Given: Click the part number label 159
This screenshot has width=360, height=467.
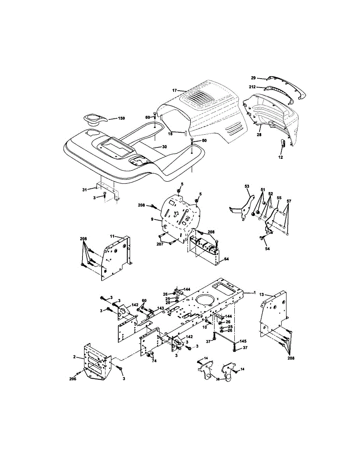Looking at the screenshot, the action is click(x=121, y=118).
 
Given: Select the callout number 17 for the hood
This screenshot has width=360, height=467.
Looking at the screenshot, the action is click(x=174, y=90).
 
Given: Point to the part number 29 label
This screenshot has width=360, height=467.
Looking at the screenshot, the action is click(x=254, y=78).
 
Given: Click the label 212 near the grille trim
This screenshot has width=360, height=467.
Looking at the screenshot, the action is click(x=252, y=87).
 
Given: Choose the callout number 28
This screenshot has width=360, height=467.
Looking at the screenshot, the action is click(x=259, y=135).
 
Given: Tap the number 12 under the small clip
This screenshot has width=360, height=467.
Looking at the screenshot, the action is click(x=281, y=157).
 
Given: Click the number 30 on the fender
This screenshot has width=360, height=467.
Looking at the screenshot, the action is click(x=164, y=147).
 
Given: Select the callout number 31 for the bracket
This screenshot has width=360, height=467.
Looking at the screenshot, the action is click(x=85, y=190).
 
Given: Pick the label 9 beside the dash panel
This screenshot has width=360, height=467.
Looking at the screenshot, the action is click(x=152, y=219).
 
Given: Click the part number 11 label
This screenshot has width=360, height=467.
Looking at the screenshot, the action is click(x=112, y=236).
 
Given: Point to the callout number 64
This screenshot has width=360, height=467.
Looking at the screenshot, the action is click(x=226, y=259).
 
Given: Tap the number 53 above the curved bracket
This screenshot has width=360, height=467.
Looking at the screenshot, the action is click(x=247, y=186).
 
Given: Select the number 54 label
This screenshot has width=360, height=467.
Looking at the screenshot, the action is click(x=268, y=249).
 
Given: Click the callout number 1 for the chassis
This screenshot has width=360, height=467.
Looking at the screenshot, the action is click(x=255, y=293).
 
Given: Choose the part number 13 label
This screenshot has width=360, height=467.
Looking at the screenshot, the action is click(x=262, y=295).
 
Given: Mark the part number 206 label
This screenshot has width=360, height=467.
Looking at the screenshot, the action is click(x=73, y=379).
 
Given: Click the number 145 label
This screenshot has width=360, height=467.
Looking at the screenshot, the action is click(x=243, y=341).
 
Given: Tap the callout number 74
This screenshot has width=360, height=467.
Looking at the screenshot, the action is click(x=154, y=361).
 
